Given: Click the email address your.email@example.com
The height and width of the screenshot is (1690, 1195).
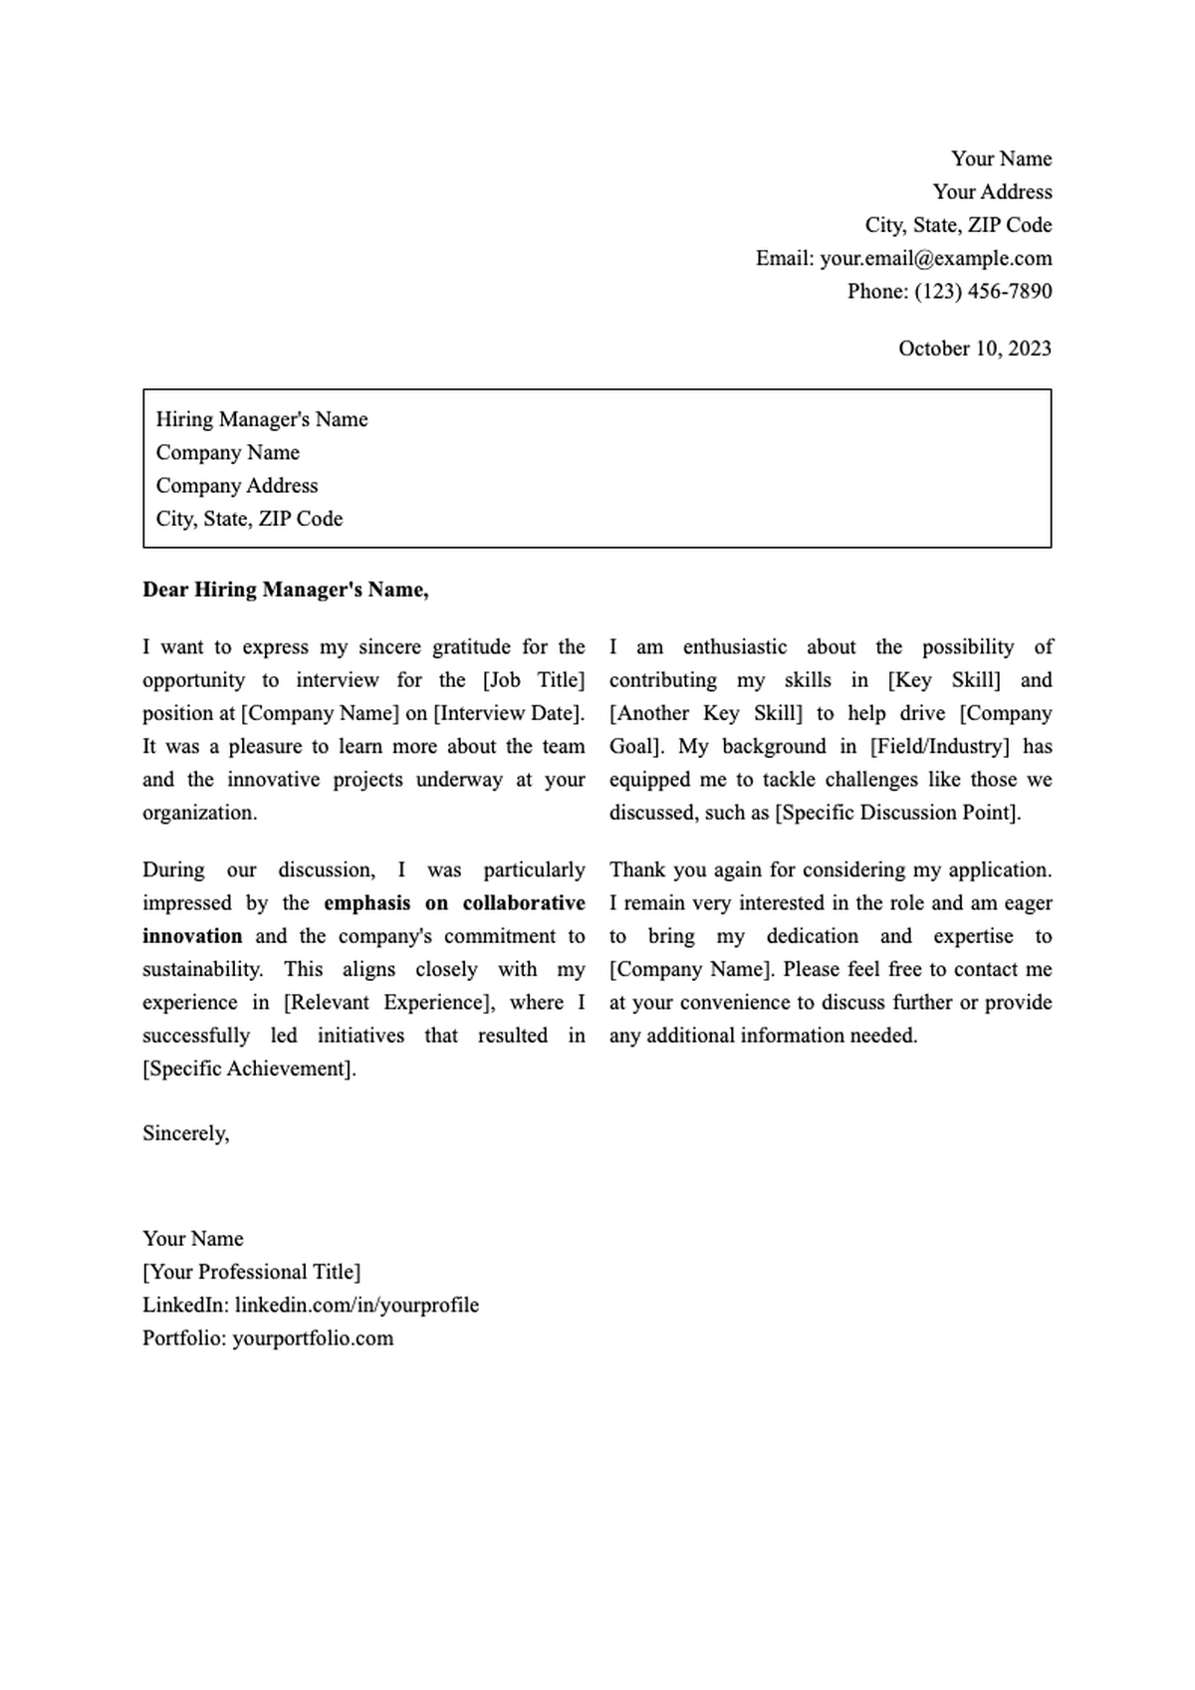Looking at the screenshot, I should (x=935, y=259).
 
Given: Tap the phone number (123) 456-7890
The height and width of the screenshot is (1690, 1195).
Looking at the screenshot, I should (x=983, y=292).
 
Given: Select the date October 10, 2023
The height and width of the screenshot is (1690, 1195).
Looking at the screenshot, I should (x=974, y=349).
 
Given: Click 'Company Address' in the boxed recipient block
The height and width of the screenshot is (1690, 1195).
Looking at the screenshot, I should (x=237, y=486).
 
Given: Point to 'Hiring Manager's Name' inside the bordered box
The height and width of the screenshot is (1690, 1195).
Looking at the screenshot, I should (x=262, y=419).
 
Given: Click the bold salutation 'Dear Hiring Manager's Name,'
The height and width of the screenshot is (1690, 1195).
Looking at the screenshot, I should (x=286, y=590).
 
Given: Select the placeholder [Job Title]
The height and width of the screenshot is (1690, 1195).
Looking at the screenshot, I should (x=534, y=680).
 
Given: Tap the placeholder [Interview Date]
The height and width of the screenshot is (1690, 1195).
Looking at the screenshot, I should (x=508, y=713).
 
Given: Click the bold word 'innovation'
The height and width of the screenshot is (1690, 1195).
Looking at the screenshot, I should (x=192, y=936).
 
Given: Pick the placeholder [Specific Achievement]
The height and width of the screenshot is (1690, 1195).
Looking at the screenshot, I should (x=249, y=1069).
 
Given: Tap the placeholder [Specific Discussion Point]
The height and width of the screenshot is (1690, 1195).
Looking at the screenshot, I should (x=897, y=813).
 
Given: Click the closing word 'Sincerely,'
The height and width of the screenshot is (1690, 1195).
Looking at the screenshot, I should (x=186, y=1133).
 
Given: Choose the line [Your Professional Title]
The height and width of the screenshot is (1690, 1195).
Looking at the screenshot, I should (x=252, y=1272).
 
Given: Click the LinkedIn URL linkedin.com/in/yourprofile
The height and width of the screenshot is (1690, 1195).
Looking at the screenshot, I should (x=357, y=1306).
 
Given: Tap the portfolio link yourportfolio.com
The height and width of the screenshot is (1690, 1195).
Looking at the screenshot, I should (x=313, y=1338).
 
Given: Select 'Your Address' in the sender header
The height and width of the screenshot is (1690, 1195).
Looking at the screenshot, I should (x=992, y=192).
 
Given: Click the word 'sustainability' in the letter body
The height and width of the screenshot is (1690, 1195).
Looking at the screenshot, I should (x=202, y=970).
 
